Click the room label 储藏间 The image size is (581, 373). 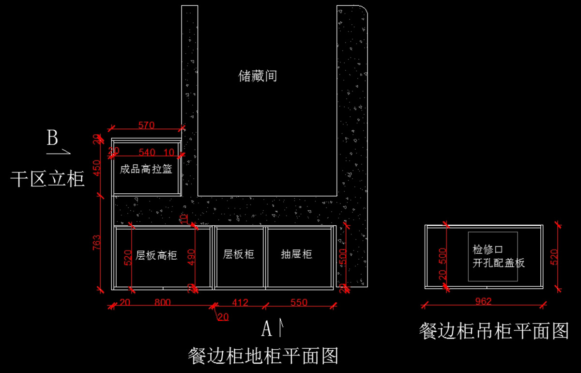point(258,76)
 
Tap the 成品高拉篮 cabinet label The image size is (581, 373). point(146,170)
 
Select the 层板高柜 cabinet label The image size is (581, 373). point(156,255)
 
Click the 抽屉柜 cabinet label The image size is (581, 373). point(296,254)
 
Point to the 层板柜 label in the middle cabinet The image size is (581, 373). point(239,254)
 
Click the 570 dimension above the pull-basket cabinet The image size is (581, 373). point(146,125)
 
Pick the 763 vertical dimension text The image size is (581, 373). point(97,242)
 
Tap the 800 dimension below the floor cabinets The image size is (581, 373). point(163,303)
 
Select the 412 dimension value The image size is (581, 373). point(240,303)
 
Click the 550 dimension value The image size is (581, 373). point(299,303)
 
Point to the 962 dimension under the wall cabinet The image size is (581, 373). point(483,301)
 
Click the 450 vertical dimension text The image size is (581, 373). point(97,168)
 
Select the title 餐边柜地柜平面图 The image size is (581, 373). point(263,356)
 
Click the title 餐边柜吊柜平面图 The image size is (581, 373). point(493,331)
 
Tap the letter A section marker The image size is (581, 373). point(267,329)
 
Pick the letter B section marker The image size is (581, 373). point(52,138)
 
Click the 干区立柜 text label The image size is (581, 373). point(47,179)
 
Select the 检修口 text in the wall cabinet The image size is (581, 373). point(488,250)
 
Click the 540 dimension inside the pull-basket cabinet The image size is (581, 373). point(147,153)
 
